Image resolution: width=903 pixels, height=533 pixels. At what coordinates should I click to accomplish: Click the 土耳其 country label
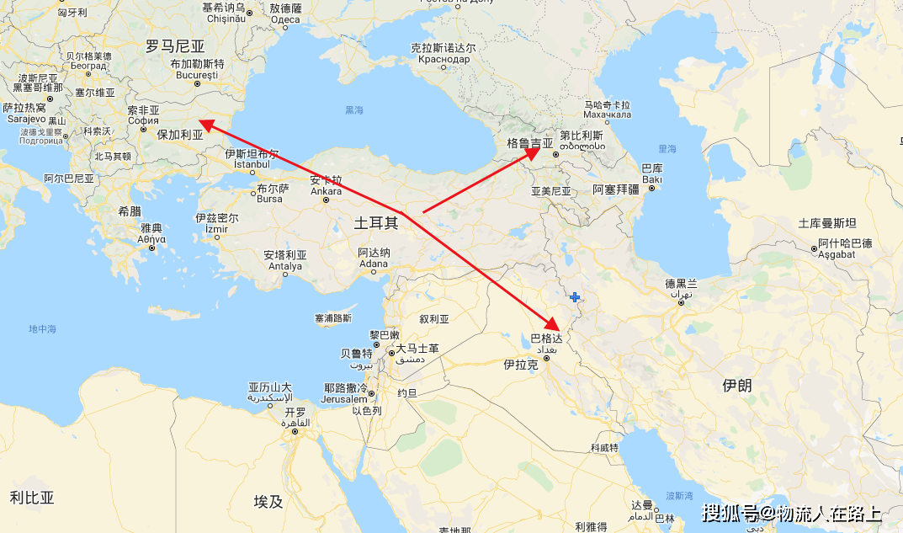coord(375,222)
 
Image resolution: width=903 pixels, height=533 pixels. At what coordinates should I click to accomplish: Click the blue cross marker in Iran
coord(575,297)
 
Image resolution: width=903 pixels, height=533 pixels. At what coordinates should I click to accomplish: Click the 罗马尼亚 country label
coord(175,46)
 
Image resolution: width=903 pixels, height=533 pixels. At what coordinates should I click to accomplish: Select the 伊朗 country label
coord(737,385)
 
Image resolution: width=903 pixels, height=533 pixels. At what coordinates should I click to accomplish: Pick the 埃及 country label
coord(268,502)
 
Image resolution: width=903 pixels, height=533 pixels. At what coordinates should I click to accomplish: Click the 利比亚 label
coord(32,497)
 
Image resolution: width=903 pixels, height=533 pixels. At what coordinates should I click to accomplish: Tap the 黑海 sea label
coord(354,110)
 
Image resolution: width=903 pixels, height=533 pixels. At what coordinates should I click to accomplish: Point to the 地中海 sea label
coord(42,328)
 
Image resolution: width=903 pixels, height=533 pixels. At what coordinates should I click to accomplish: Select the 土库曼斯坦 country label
coord(827,223)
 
